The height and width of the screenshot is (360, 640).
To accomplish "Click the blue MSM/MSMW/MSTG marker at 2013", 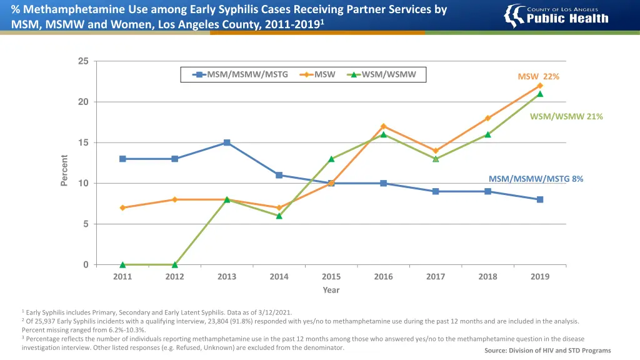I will (x=227, y=142).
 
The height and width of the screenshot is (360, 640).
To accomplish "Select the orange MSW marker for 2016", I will (x=383, y=126).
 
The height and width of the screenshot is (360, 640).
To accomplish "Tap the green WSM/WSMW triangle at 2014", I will (x=279, y=216).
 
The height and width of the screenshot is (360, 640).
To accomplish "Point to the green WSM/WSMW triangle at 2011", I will (x=122, y=264).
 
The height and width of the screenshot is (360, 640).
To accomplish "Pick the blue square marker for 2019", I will (x=540, y=199).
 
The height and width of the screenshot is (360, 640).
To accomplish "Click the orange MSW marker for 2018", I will (x=487, y=118).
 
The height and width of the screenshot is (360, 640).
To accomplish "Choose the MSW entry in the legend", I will (x=318, y=74).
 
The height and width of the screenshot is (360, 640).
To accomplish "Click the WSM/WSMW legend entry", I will (x=382, y=74).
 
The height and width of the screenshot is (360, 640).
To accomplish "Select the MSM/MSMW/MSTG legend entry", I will (x=241, y=74).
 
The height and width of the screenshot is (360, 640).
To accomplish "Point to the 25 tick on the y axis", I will (x=83, y=61).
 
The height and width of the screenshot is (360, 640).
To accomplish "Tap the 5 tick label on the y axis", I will (x=86, y=224).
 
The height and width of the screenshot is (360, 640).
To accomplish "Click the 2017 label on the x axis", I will (x=436, y=277).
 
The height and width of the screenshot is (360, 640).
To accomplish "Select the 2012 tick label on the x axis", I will (x=175, y=277).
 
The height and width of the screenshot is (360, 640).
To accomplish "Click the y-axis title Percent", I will (x=64, y=169).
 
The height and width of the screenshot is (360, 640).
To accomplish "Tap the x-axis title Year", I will (x=331, y=290).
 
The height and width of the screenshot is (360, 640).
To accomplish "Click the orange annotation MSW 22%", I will (x=538, y=76).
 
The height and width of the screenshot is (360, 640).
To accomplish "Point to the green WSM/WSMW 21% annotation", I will (x=566, y=116).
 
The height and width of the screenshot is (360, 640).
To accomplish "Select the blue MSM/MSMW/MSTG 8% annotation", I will (x=536, y=179).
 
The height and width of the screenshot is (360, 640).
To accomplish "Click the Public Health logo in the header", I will (x=556, y=16).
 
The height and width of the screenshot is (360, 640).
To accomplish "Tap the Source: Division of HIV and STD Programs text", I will (x=547, y=351).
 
